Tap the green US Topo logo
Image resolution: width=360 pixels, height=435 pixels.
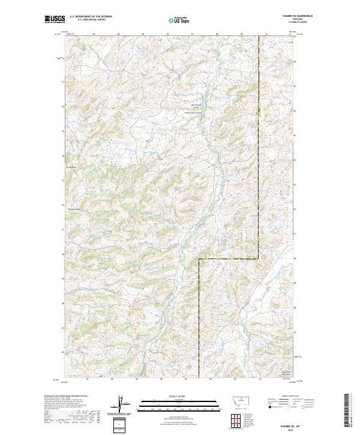[179, 20]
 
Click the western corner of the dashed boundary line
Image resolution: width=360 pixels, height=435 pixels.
[199, 259]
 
